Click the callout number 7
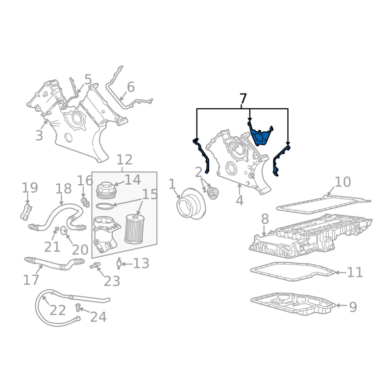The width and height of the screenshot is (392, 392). click(x=243, y=98)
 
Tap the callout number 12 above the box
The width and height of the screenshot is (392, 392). click(x=124, y=160)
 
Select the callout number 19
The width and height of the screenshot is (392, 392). click(x=30, y=187)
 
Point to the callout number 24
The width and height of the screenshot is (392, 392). click(x=98, y=317)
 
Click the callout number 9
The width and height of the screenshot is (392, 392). click(x=353, y=307)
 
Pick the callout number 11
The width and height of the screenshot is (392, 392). click(x=355, y=272)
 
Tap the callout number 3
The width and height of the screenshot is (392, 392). click(x=39, y=135)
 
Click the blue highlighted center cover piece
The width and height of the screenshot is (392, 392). click(x=260, y=136)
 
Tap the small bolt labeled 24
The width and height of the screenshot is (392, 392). click(x=77, y=308)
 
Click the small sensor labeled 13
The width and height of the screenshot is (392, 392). click(x=118, y=265)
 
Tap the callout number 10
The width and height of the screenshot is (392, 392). click(x=343, y=182)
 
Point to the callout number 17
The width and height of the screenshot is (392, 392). click(x=31, y=280)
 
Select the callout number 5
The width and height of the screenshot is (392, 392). click(x=88, y=79)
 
